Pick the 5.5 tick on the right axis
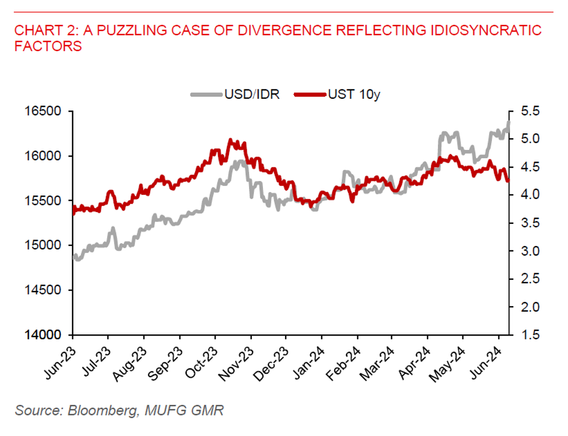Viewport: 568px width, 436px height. point(531,112)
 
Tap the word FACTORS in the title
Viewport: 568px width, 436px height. point(48,46)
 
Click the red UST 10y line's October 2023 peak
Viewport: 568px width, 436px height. point(230,140)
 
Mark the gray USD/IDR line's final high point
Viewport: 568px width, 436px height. point(508,123)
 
